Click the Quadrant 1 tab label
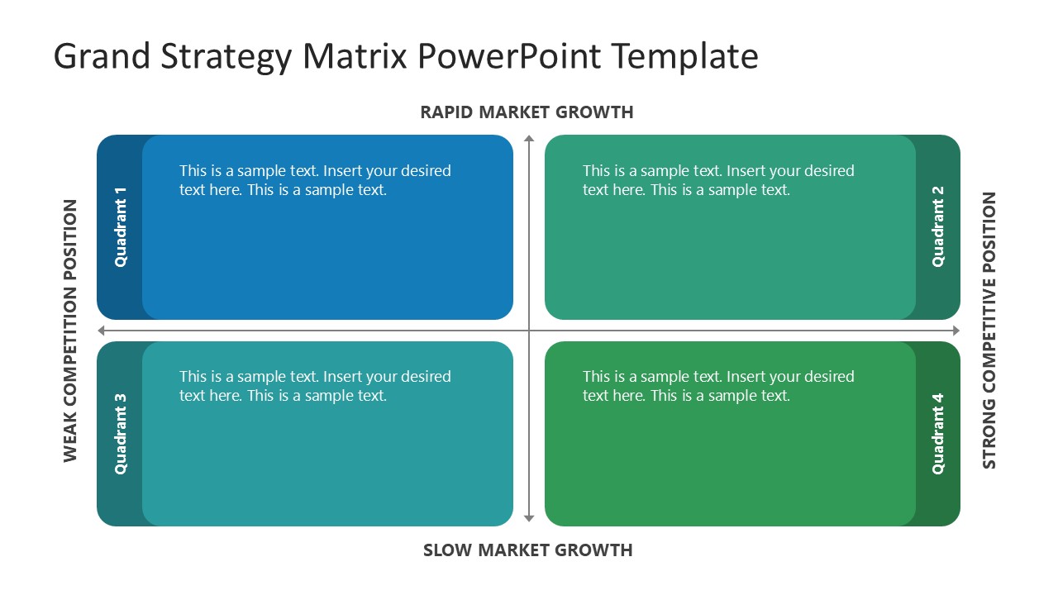click(121, 227)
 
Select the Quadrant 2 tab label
click(937, 227)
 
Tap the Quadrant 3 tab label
click(121, 434)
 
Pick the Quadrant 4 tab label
click(937, 434)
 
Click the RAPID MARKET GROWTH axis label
click(527, 112)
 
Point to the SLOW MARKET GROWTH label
click(527, 550)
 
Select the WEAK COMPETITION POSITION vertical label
click(70, 331)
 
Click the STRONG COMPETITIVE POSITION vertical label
click(989, 331)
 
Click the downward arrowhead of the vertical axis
click(529, 519)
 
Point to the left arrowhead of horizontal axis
click(102, 331)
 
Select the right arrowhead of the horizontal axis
click(956, 331)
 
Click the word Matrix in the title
click(355, 57)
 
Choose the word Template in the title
click(685, 57)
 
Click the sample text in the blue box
click(315, 180)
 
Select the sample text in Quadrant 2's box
click(718, 180)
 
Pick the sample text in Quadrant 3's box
click(315, 386)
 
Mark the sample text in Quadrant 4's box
click(718, 386)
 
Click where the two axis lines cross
click(529, 331)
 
